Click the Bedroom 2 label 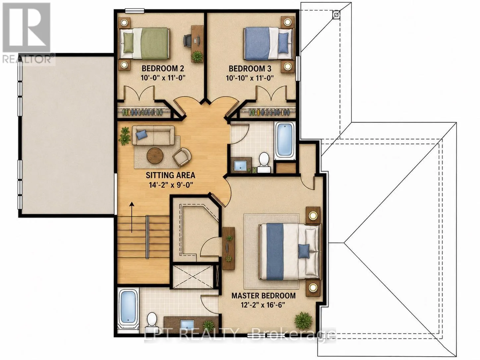click(x=163, y=68)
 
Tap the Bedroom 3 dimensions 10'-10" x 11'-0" click(x=250, y=78)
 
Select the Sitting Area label click(x=170, y=175)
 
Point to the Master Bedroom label click(x=264, y=295)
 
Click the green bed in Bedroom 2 click(x=144, y=43)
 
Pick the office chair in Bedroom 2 click(x=187, y=41)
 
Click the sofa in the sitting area click(x=153, y=135)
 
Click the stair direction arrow click(x=132, y=217)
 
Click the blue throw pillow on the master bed click(x=304, y=251)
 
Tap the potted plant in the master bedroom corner click(x=303, y=321)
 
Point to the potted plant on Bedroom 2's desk click(x=197, y=56)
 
